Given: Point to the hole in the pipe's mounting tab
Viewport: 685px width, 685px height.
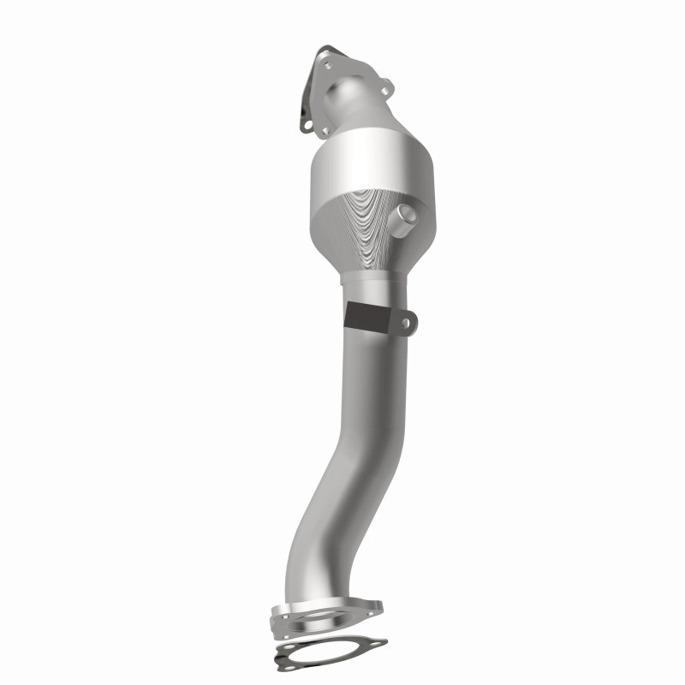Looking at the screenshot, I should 407,323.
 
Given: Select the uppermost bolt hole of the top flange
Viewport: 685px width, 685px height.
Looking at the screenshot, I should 327,66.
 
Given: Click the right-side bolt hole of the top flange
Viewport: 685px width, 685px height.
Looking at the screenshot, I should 385,91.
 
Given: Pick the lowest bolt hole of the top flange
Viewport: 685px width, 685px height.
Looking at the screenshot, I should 325,130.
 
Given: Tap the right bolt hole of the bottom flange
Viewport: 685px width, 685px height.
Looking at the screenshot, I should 370,614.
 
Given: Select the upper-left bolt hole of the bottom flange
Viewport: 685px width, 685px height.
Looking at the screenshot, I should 285,616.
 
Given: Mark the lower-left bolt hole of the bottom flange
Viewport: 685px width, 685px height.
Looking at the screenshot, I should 286,637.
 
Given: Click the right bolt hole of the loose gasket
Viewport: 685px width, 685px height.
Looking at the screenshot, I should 376,643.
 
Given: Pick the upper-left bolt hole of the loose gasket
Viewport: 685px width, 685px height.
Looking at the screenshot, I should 289,646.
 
